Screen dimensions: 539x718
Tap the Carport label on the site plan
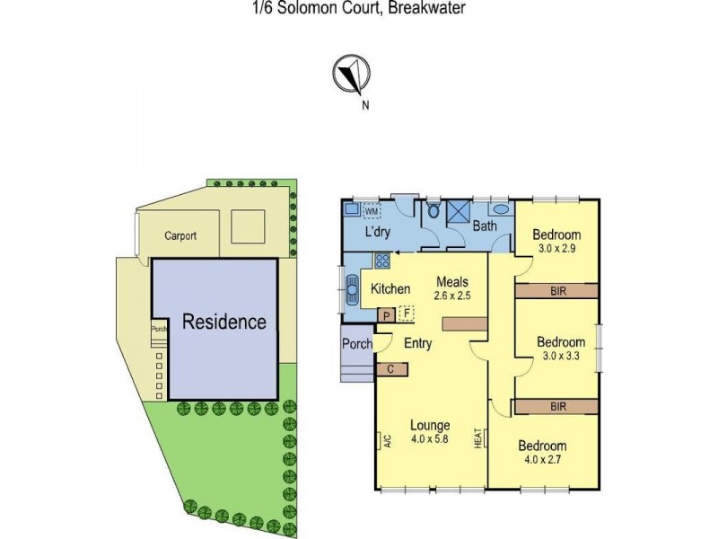(179, 236)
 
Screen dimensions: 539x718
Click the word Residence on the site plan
(224, 322)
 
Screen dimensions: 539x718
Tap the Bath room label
(485, 227)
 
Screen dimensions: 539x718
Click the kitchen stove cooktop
(381, 261)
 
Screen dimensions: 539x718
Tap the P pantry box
(387, 315)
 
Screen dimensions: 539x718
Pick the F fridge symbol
(406, 314)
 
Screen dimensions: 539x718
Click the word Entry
(418, 343)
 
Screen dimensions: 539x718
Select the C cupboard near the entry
(391, 368)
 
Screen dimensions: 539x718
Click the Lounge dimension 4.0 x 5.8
(430, 440)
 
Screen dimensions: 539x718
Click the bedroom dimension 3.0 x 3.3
(561, 357)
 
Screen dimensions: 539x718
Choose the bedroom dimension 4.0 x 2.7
(541, 461)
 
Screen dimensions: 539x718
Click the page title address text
(355, 8)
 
